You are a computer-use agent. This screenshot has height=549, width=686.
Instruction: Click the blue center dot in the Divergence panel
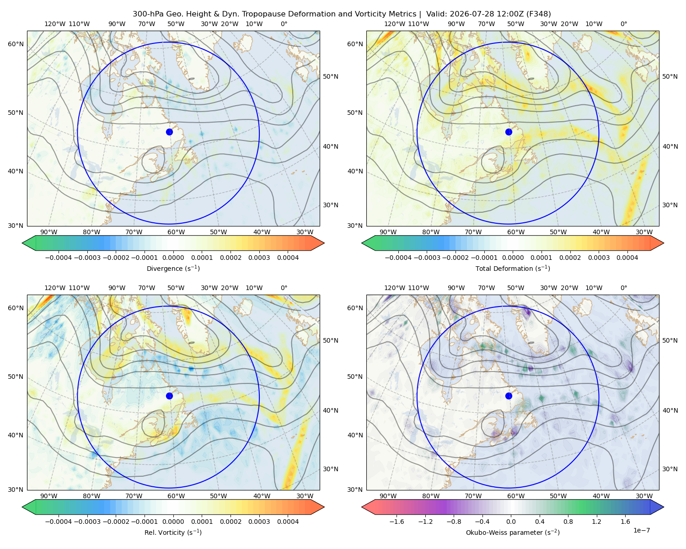point(169,132)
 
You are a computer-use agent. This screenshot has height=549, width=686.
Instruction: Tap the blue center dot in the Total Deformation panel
point(509,132)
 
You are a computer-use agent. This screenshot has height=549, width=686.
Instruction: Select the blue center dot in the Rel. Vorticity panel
point(169,396)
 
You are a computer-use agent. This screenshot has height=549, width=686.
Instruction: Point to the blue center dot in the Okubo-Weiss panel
point(509,396)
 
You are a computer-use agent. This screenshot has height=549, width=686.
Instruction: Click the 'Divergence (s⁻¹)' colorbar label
point(173,268)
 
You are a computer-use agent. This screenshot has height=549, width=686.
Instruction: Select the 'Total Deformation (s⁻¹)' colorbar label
point(513,268)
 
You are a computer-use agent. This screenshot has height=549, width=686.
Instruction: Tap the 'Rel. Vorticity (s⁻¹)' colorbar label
point(173,532)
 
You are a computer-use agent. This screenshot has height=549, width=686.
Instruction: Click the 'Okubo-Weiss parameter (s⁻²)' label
point(513,532)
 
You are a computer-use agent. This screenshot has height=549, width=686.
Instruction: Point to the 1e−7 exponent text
point(641,530)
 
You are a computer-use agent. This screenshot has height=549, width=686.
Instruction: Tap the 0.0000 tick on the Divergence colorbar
point(173,258)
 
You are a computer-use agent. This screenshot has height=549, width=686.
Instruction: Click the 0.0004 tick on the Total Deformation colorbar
point(627,258)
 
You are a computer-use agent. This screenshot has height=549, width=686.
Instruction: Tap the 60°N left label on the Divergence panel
point(16,44)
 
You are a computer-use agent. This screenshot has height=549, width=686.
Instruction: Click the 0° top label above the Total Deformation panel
point(623,24)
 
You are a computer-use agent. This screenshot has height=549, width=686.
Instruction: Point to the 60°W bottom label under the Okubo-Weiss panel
point(515,496)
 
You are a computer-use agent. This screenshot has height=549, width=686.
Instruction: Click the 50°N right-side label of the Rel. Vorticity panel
point(331,340)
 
